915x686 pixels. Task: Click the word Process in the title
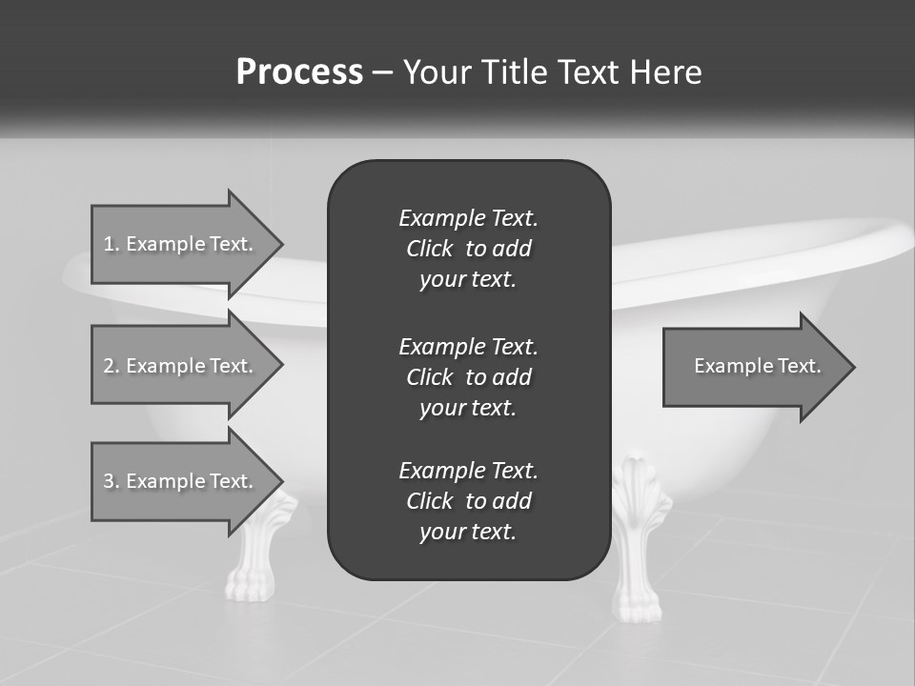coord(299,72)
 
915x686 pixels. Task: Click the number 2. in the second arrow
coord(112,366)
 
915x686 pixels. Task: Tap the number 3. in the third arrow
coord(112,481)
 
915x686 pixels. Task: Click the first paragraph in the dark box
coord(468,249)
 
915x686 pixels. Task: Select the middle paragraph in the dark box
coord(468,377)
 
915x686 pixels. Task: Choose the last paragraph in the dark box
coord(468,501)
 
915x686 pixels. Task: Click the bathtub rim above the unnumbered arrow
coord(762,257)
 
